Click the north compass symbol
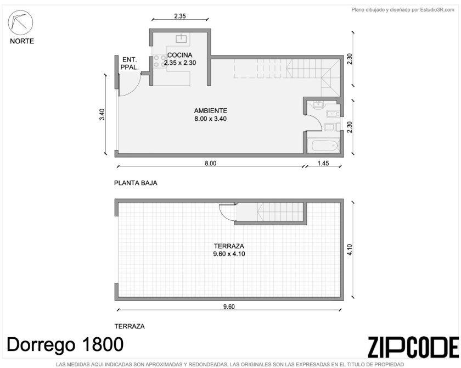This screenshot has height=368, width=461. [x=20, y=23]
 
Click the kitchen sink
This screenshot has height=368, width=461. [x=182, y=38]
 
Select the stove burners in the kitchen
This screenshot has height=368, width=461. [x=160, y=61]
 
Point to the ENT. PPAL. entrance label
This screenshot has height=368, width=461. [x=130, y=63]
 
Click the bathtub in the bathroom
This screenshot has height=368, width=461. [x=323, y=146]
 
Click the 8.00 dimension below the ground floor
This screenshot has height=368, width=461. [x=211, y=163]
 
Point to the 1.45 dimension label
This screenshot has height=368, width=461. [x=323, y=163]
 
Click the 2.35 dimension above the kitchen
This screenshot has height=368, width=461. [x=180, y=16]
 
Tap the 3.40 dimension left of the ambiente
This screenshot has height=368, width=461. [x=102, y=114]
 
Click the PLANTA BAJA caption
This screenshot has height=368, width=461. [x=136, y=183]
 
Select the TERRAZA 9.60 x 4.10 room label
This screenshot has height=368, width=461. [x=229, y=250]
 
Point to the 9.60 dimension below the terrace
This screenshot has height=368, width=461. [x=229, y=307]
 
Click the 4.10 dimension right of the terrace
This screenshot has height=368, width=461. [x=350, y=250]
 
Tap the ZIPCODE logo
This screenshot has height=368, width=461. [x=413, y=347]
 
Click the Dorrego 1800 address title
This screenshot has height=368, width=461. [x=65, y=344]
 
